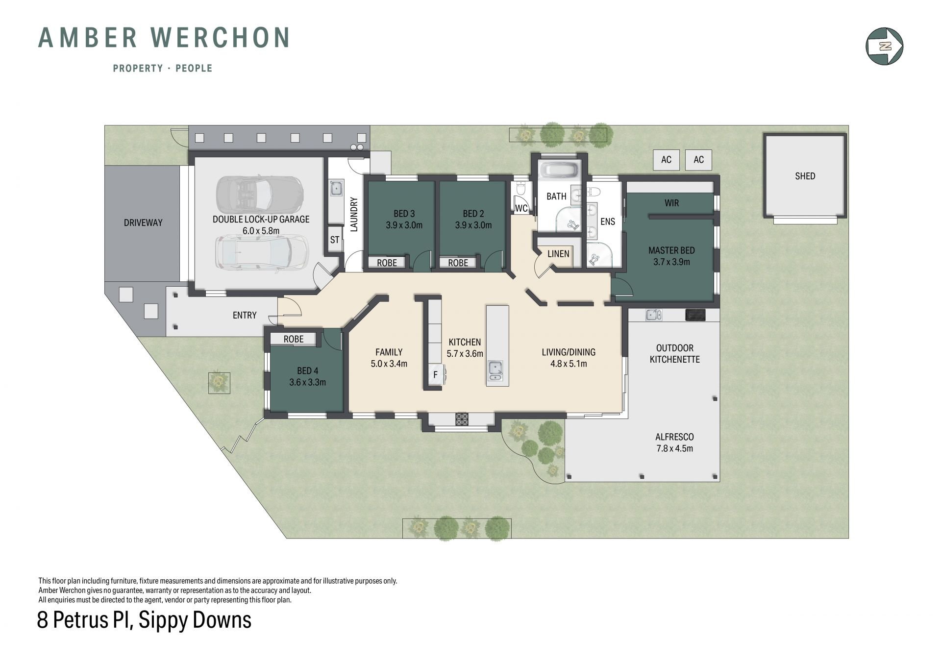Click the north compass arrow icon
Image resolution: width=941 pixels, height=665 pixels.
[885, 47]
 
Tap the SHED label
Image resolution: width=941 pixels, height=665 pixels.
[805, 176]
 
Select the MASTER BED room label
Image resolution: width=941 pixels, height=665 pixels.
[671, 250]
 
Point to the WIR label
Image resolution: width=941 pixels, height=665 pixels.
[672, 203]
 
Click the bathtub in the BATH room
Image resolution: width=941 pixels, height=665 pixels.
[559, 171]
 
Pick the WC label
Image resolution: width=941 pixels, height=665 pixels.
[521, 208]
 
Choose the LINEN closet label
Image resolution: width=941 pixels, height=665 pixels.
[558, 253]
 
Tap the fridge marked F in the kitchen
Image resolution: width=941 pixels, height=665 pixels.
[435, 375]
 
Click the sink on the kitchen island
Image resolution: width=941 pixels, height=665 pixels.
[495, 370]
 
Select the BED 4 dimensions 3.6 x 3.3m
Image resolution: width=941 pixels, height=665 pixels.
[307, 382]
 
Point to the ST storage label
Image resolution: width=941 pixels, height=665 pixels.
[335, 240]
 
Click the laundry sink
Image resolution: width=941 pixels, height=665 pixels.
[337, 189]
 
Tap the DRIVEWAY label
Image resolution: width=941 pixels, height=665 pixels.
[143, 222]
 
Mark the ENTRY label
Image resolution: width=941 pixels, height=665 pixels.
[245, 315]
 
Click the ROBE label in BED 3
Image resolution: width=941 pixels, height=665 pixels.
[387, 263]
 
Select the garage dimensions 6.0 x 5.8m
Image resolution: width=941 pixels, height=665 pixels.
[261, 231]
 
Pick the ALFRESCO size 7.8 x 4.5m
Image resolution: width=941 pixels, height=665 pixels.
[674, 448]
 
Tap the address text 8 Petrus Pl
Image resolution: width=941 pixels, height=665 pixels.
[85, 620]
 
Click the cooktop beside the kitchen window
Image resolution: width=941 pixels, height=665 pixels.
[462, 419]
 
